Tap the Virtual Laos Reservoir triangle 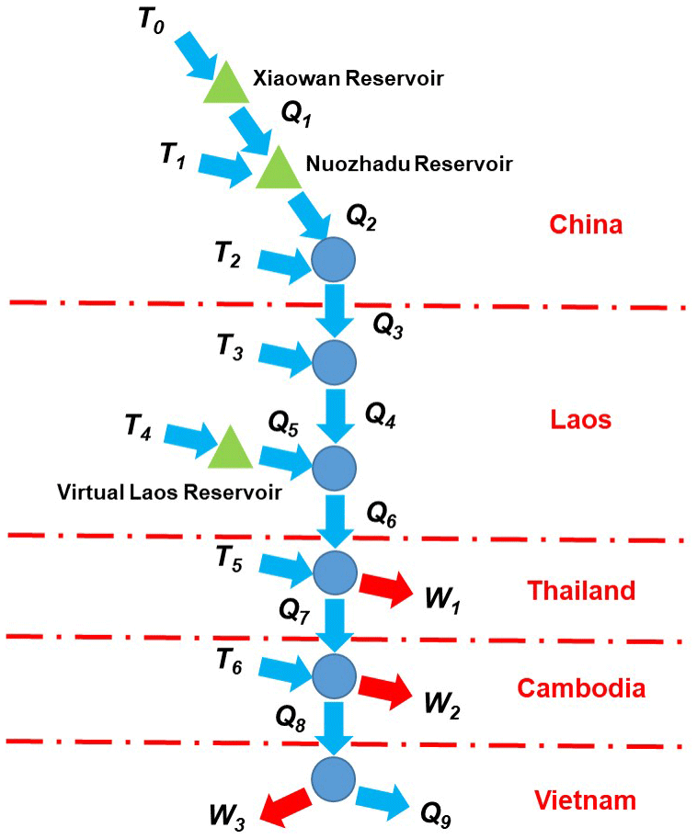pos(229,449)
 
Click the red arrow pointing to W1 pos(385,589)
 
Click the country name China pos(585,224)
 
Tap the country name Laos pos(580,420)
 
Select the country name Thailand pos(580,589)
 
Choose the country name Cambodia pos(580,687)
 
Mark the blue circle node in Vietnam pos(333,777)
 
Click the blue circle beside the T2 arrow pos(333,259)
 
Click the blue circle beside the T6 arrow pos(333,675)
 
